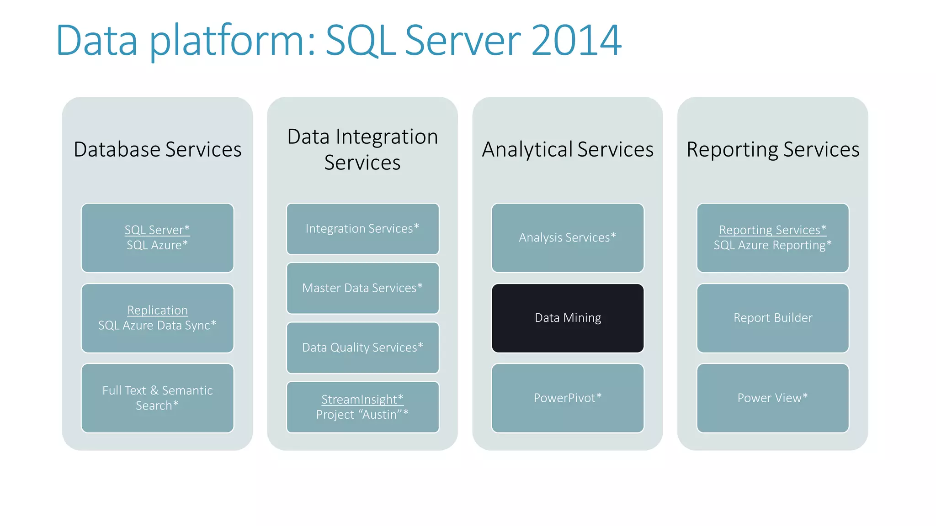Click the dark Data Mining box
[568, 318]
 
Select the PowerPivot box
[568, 398]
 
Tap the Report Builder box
[773, 318]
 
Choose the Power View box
[773, 398]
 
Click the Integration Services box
[362, 229]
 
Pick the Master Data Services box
[362, 288]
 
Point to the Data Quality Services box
[362, 347]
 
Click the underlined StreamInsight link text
[362, 400]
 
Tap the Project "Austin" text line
[362, 415]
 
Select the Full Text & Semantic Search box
[157, 398]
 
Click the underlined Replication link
[157, 310]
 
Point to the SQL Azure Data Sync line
[157, 326]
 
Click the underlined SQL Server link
[157, 230]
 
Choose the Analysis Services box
[568, 238]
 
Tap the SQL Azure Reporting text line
[772, 246]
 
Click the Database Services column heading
[157, 150]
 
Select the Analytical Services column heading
[568, 150]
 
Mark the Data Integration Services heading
[362, 150]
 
